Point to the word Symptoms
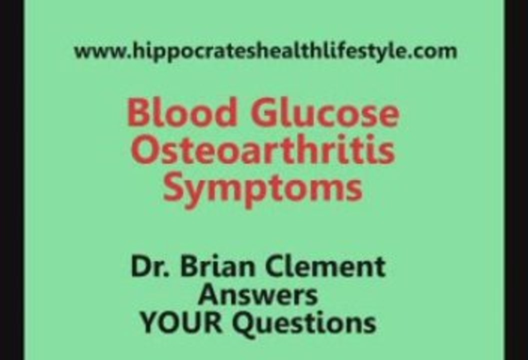263,187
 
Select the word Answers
258,295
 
